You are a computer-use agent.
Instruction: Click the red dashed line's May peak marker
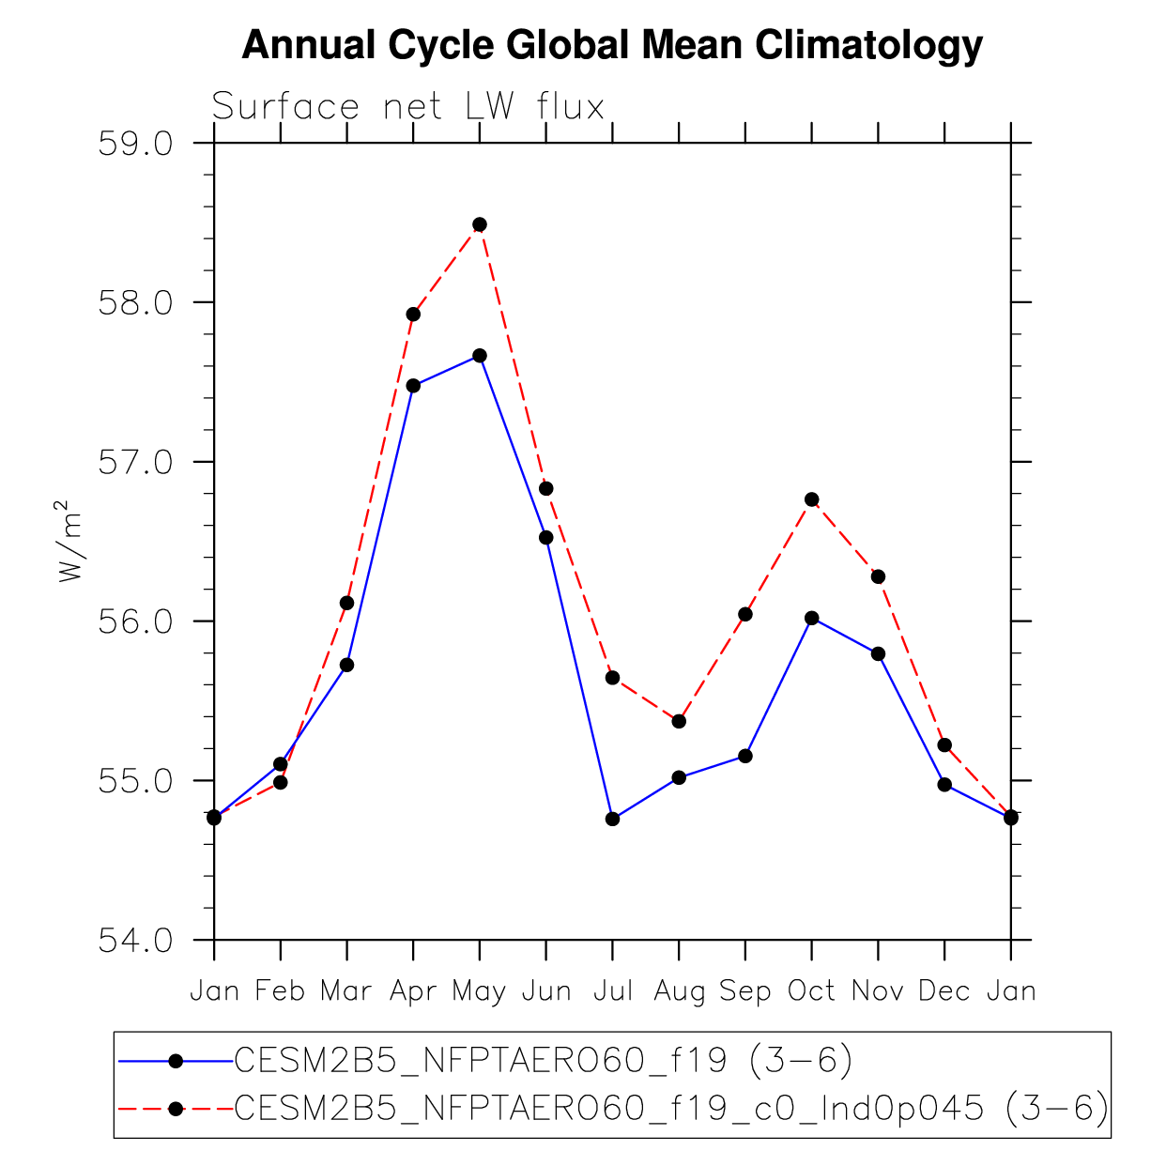[x=480, y=224]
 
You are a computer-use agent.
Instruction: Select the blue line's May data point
[x=480, y=356]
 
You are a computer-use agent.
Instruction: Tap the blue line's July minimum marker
[x=612, y=819]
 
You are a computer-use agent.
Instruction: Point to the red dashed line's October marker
[x=811, y=499]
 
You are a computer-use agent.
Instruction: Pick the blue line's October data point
[x=811, y=618]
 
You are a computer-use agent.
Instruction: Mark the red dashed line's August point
[x=679, y=721]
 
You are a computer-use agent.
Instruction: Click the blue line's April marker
[x=413, y=386]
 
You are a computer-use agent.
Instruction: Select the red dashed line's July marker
[x=612, y=678]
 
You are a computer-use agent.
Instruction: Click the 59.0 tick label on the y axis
[x=136, y=145]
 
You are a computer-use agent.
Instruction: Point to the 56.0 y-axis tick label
[x=136, y=622]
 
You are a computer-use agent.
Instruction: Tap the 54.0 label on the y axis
[x=136, y=941]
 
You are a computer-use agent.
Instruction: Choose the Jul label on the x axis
[x=612, y=991]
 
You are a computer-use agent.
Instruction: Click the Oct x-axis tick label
[x=811, y=991]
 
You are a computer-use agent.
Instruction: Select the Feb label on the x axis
[x=280, y=991]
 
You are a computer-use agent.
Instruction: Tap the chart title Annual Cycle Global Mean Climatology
[x=612, y=45]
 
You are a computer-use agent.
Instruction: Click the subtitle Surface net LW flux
[x=407, y=107]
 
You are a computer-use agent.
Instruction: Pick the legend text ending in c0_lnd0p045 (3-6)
[x=670, y=1110]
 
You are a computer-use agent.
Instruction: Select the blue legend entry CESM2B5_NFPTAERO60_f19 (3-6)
[x=543, y=1061]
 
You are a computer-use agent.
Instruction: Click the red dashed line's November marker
[x=878, y=576]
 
